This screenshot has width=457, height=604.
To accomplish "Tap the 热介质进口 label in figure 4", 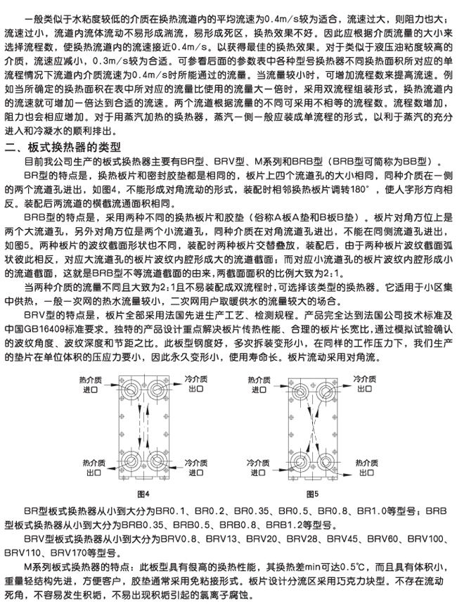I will click(91, 383).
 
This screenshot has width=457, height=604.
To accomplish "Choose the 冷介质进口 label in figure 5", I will click(256, 468).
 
